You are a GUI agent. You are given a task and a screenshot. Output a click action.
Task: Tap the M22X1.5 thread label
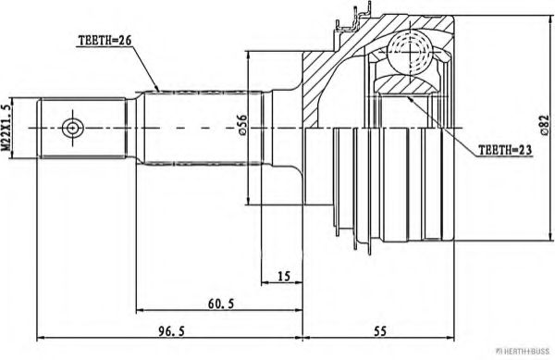(10, 127)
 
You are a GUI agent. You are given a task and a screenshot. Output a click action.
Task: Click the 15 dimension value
(284, 275)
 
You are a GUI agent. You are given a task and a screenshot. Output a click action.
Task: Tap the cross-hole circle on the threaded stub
(71, 127)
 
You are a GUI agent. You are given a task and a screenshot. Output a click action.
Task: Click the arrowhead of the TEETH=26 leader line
(159, 90)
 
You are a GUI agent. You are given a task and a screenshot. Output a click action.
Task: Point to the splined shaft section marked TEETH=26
(199, 127)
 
